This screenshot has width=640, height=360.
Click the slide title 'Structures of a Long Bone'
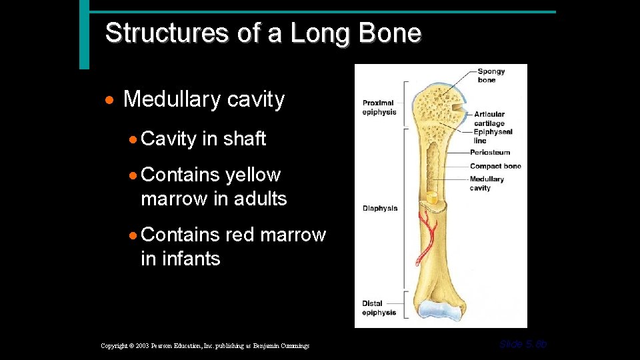[263, 33]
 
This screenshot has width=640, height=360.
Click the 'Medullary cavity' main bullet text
[203, 99]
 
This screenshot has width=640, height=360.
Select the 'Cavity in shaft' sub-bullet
[203, 139]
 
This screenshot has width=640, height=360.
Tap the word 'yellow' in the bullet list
[253, 175]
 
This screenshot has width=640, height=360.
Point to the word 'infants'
[180, 258]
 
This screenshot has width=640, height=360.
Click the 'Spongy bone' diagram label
[491, 76]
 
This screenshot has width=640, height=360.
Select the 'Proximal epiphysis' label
[379, 107]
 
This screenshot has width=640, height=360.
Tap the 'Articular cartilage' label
[489, 119]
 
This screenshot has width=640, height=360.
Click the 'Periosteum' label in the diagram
[490, 153]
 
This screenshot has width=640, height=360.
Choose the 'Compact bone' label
[495, 166]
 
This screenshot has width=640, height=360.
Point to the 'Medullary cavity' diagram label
[487, 183]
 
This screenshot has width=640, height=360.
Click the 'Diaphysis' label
[380, 208]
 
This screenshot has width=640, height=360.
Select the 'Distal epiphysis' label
[379, 308]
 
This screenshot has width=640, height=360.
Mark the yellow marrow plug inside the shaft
[432, 198]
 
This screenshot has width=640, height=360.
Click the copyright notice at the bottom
[205, 345]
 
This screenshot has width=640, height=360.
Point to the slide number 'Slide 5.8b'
[523, 344]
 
